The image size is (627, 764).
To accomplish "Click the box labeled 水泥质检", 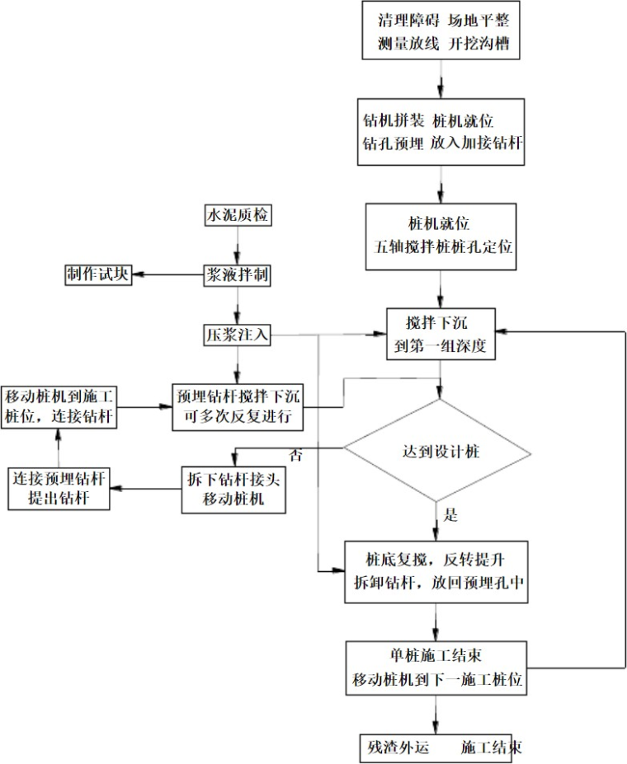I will pos(238,216).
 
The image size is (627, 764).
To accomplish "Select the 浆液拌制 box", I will pos(238,274).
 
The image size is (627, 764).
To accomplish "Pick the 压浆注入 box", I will pos(238,335).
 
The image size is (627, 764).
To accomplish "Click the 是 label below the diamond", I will pos(450,517).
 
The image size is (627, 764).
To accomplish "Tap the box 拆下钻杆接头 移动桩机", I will pos(234,490).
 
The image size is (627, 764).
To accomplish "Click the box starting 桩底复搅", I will pos(436,571).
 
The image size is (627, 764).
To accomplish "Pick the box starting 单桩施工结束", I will pos(436,668).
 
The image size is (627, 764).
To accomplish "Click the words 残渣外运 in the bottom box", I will pos(400,748).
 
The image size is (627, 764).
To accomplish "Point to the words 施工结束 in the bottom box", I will pos(491,748).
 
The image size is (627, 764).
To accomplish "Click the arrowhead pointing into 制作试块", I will pos(138,274).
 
